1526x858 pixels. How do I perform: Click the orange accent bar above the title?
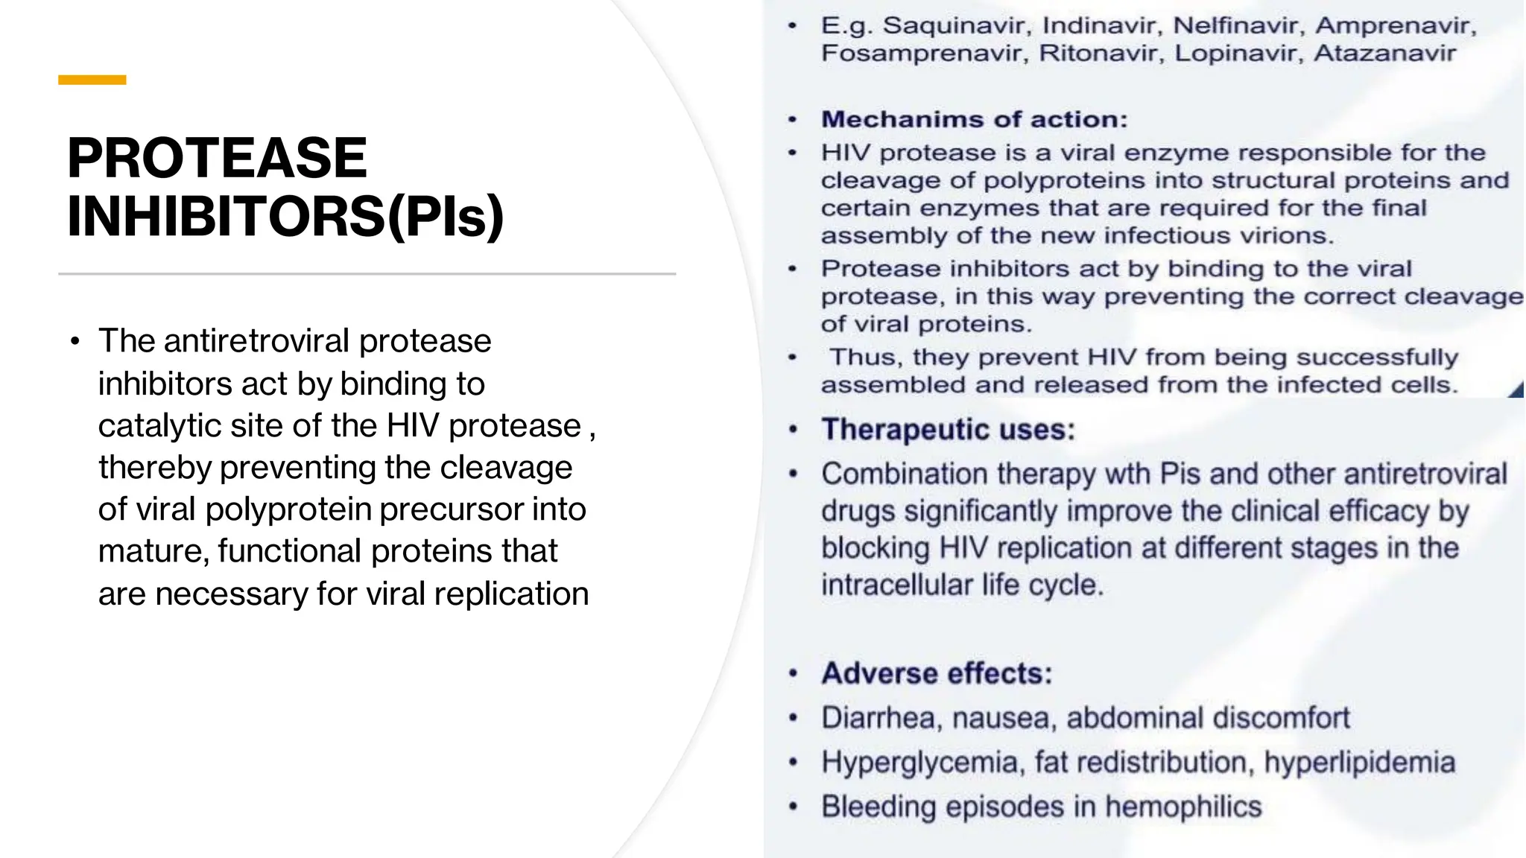coord(92,80)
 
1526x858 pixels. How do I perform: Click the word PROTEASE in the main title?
coord(217,158)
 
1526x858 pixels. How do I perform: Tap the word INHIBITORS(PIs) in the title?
coord(285,217)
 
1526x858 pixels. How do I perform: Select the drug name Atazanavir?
coord(1384,54)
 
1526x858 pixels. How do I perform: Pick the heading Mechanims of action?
coord(974,120)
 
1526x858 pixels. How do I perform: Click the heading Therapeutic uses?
coord(948,430)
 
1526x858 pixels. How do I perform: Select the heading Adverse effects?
coord(937,673)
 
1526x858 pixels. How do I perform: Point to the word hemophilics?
coord(1183,807)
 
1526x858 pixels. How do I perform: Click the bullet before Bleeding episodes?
coord(794,807)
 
